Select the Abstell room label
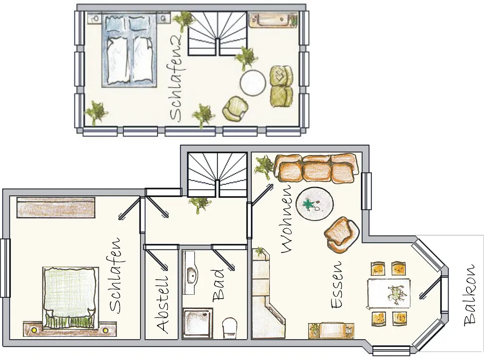click(162, 304)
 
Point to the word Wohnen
click(286, 219)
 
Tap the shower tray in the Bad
click(198, 323)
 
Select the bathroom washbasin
click(192, 273)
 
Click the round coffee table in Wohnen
click(314, 204)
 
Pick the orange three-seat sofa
click(316, 168)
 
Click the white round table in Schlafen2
click(253, 83)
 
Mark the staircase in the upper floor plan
click(218, 34)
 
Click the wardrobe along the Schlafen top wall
click(56, 207)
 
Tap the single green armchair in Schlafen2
click(235, 109)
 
